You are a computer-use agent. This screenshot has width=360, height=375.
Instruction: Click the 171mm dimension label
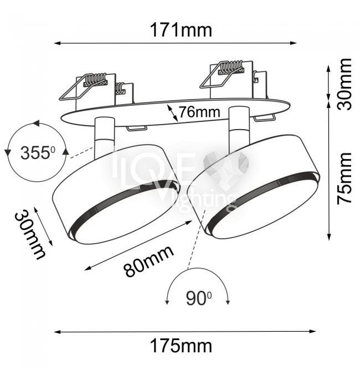[x=181, y=30]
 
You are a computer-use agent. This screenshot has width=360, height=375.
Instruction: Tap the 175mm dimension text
[x=181, y=346]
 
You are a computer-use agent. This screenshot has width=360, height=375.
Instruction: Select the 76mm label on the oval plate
[x=199, y=112]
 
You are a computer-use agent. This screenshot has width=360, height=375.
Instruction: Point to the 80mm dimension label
[x=149, y=261]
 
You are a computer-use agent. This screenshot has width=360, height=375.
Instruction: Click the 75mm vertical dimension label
[x=344, y=178]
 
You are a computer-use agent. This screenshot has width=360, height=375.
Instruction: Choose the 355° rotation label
[x=38, y=153]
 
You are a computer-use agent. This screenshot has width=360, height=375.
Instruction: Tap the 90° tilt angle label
[x=198, y=299]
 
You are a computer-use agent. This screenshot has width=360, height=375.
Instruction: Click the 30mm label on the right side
[x=344, y=84]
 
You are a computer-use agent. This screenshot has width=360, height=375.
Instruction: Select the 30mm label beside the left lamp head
[x=30, y=235]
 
